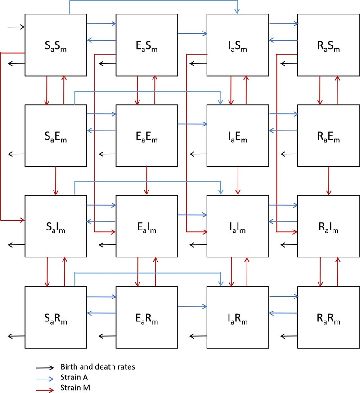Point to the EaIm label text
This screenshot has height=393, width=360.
click(x=147, y=228)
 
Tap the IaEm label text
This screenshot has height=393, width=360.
click(x=238, y=137)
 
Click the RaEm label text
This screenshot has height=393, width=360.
click(x=328, y=137)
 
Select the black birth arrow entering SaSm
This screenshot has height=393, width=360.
click(x=16, y=27)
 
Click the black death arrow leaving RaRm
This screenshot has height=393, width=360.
click(x=289, y=336)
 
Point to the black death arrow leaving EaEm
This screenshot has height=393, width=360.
click(x=107, y=154)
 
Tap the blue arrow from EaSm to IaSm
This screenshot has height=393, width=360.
click(x=193, y=33)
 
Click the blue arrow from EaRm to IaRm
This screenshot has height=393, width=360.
click(x=193, y=307)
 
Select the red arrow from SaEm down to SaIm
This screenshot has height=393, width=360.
click(x=56, y=181)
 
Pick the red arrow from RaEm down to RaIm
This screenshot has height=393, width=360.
click(x=328, y=181)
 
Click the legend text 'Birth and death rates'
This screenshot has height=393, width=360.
click(x=98, y=367)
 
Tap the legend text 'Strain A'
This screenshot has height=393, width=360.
click(x=74, y=377)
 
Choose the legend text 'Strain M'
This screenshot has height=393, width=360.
click(x=75, y=388)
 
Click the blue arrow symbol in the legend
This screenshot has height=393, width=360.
click(x=45, y=379)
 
